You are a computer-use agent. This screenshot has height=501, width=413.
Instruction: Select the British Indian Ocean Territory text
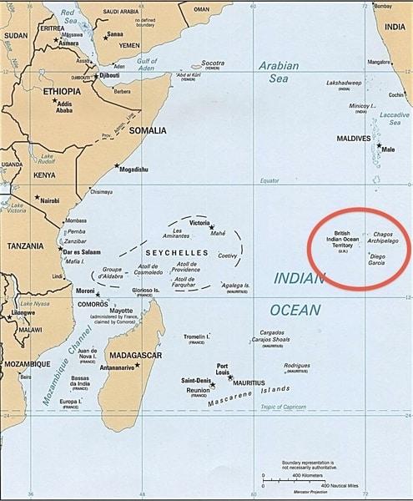tap(342, 244)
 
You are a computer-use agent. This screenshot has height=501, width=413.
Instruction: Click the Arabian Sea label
tap(279, 72)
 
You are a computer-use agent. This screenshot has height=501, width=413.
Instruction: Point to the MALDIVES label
tap(353, 138)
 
